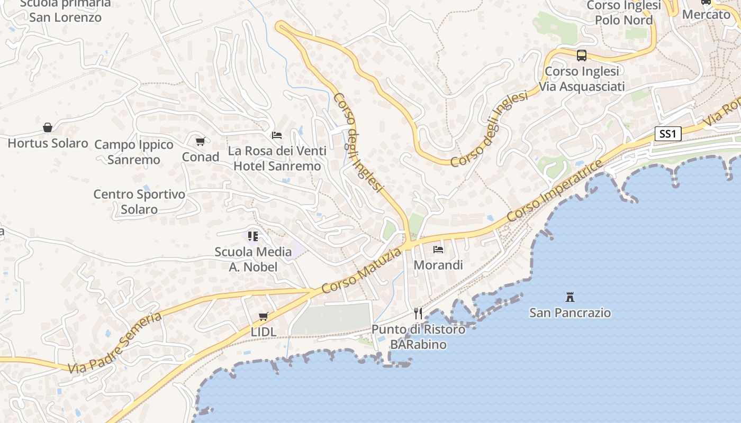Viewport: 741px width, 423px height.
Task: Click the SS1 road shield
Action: pyautogui.click(x=667, y=134)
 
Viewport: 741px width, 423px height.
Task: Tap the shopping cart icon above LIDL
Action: pyautogui.click(x=263, y=316)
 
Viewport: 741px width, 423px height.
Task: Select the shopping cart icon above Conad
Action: pyautogui.click(x=200, y=141)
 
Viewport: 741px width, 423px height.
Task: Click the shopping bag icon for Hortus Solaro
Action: pyautogui.click(x=48, y=127)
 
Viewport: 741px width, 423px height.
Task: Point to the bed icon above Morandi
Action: pyautogui.click(x=438, y=249)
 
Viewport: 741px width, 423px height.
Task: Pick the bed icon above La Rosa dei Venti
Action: pyautogui.click(x=277, y=135)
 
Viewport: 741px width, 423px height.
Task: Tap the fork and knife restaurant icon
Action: pyautogui.click(x=418, y=313)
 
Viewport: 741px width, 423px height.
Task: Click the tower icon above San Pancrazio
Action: pyautogui.click(x=570, y=297)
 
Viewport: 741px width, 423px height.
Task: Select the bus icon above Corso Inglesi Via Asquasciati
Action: pyautogui.click(x=582, y=55)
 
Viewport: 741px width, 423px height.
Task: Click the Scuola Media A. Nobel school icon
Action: pyautogui.click(x=253, y=236)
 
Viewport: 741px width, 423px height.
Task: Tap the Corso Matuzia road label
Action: pyautogui.click(x=361, y=271)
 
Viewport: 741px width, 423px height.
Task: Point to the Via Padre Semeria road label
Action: pyautogui.click(x=114, y=343)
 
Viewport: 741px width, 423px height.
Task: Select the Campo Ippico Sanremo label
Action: pyautogui.click(x=134, y=152)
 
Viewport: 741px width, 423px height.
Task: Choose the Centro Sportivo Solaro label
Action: pyautogui.click(x=139, y=201)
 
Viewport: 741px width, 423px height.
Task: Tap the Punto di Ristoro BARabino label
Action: pyautogui.click(x=418, y=337)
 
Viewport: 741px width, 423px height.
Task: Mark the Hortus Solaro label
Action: pyautogui.click(x=48, y=143)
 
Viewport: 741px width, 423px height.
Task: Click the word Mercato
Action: pyautogui.click(x=706, y=14)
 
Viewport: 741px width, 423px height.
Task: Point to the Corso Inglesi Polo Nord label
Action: pyautogui.click(x=624, y=13)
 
